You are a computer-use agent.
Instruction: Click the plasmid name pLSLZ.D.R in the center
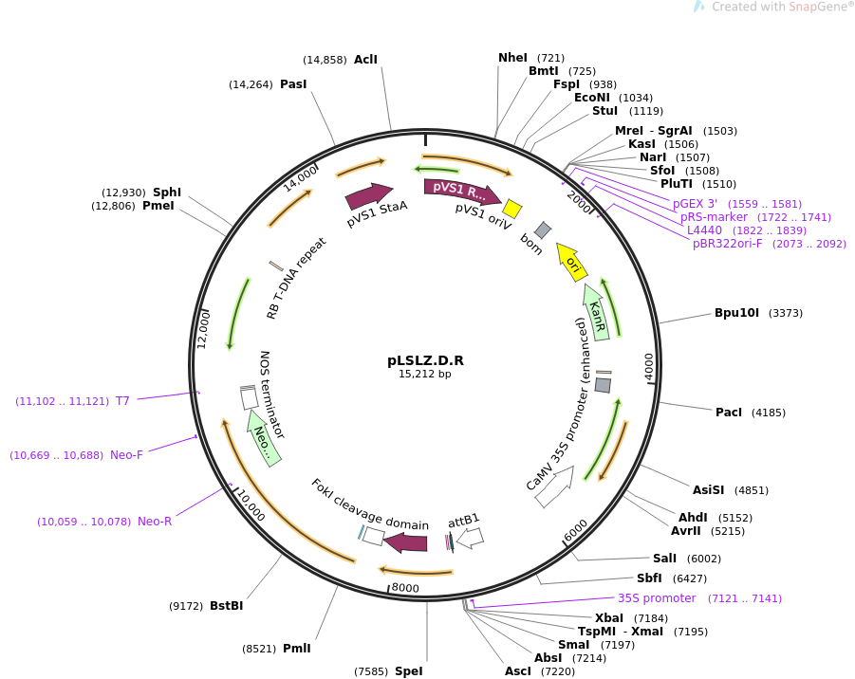(425, 360)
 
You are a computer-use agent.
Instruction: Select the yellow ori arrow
(571, 262)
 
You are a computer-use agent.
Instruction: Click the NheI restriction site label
(512, 58)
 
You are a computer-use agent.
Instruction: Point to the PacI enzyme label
(729, 413)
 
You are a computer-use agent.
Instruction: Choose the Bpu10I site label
(737, 313)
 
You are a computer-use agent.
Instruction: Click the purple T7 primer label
(122, 401)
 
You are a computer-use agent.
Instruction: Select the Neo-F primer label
(126, 455)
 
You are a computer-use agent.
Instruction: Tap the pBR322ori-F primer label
(727, 244)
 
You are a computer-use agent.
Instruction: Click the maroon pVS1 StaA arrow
(368, 196)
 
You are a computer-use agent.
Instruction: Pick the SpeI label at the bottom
(408, 671)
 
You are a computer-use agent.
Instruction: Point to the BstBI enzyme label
(226, 606)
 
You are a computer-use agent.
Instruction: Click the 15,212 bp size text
(425, 375)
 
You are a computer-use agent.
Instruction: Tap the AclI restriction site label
(365, 60)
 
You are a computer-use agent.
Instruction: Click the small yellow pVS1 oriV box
(512, 209)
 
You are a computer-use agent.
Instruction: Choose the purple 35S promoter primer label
(657, 598)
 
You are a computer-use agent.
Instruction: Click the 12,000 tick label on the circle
(203, 329)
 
